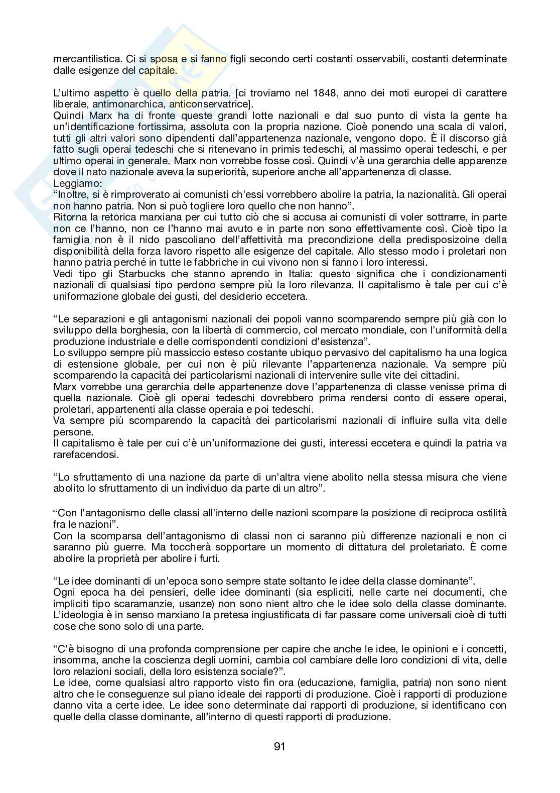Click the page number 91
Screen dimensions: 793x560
pyautogui.click(x=279, y=746)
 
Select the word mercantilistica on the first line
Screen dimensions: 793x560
pyautogui.click(x=84, y=59)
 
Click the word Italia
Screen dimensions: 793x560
pyautogui.click(x=288, y=274)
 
